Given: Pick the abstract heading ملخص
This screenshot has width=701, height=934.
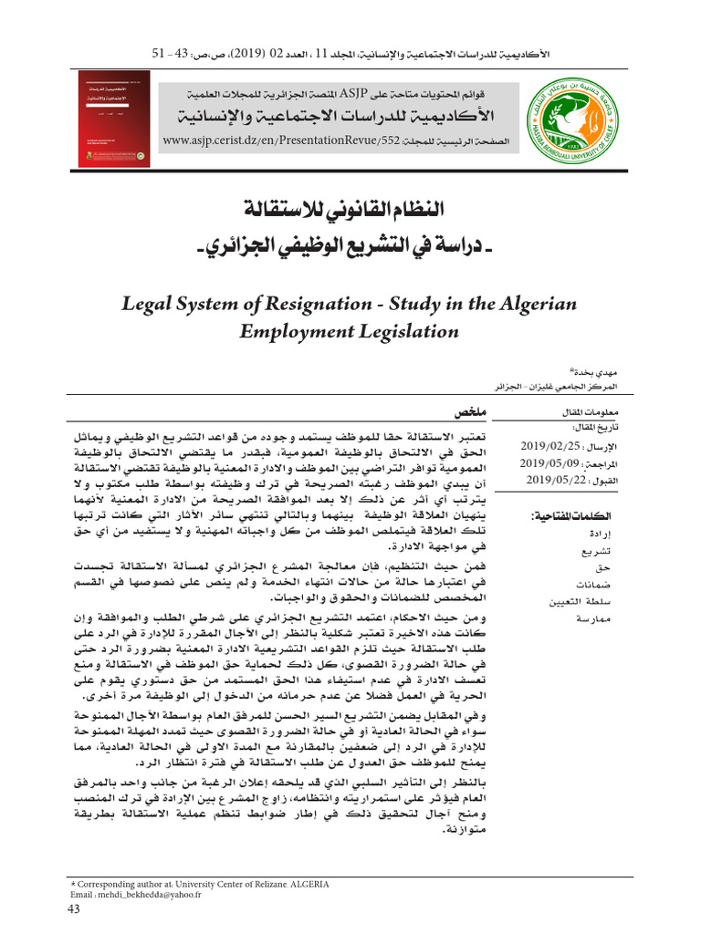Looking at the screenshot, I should [x=471, y=413].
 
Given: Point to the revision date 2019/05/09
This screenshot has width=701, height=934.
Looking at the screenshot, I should [x=546, y=462].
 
